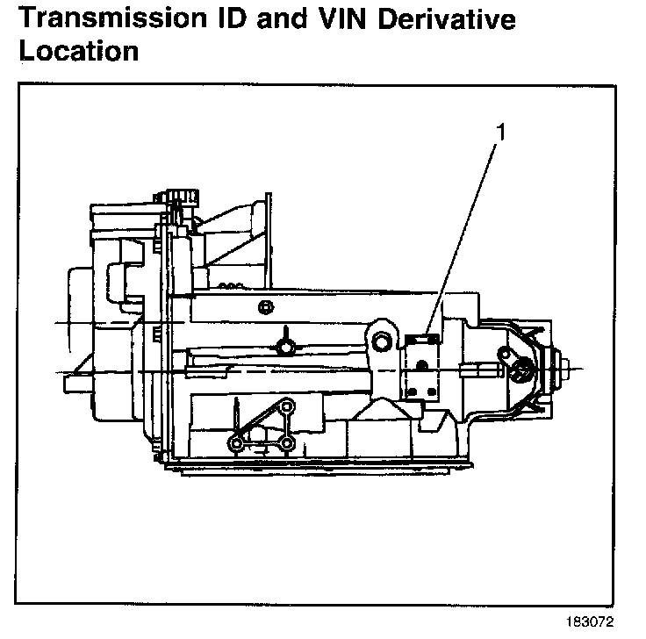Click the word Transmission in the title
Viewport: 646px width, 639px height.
click(x=112, y=18)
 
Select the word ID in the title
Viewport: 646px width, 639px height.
click(x=231, y=18)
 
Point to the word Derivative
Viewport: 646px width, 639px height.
click(x=439, y=18)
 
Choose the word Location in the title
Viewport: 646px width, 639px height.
click(x=78, y=50)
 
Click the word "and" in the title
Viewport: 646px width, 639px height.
click(x=277, y=18)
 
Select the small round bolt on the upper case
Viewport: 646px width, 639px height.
click(x=264, y=306)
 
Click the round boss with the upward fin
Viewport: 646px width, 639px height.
click(x=285, y=346)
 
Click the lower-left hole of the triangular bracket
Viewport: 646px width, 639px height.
click(x=235, y=443)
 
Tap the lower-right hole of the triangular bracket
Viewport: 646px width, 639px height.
click(x=286, y=443)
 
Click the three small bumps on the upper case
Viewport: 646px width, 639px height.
click(x=231, y=285)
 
